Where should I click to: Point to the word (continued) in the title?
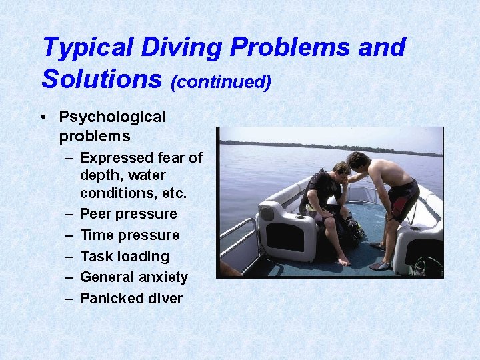tap(221, 81)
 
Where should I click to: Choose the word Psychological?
tap(112, 117)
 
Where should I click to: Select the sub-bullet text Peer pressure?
tap(129, 214)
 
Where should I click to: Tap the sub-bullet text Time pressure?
tap(130, 235)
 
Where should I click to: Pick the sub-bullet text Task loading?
tap(125, 256)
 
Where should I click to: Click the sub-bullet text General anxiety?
tap(134, 277)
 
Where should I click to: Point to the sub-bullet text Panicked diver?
tap(131, 299)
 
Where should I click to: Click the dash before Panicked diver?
tap(69, 299)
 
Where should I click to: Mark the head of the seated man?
tap(341, 171)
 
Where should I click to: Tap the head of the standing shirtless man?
tap(359, 161)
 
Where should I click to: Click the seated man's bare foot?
tap(343, 261)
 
